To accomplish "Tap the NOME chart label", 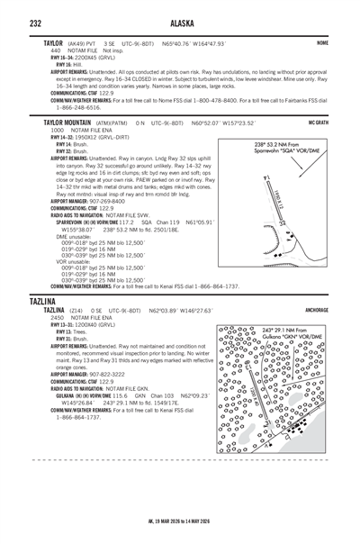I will coord(321,42).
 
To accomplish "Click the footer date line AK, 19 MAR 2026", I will coord(180,533).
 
